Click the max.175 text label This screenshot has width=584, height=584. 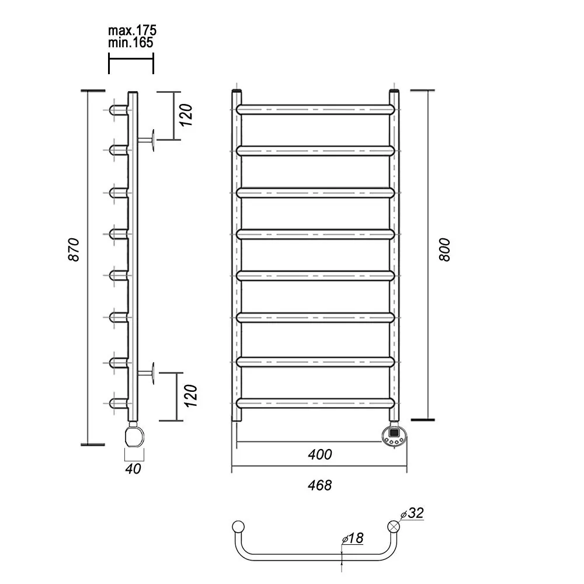[132, 30]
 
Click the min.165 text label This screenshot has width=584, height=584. [130, 43]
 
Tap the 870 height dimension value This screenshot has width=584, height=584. [74, 249]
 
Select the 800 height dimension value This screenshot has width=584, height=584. [444, 250]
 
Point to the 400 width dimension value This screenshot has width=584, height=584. [319, 454]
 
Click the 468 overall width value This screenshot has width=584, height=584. [319, 485]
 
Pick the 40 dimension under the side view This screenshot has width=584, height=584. [133, 469]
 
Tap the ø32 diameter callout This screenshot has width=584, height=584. [412, 513]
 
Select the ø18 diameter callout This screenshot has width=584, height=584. [352, 538]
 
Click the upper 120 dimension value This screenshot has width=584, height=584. [186, 115]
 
